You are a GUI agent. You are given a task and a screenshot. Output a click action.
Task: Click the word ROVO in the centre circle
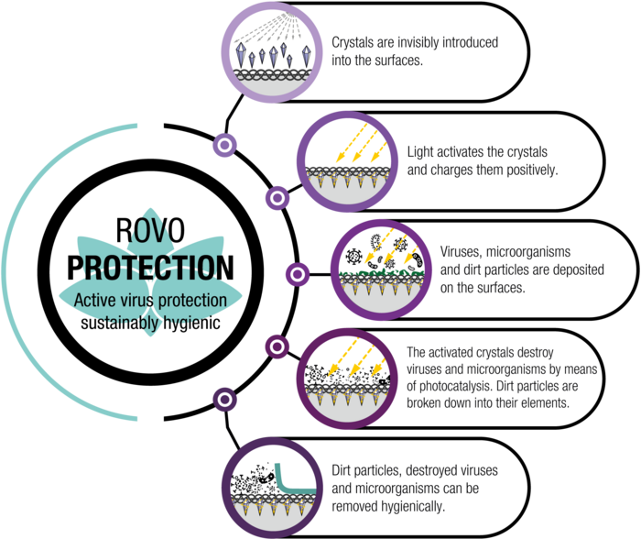(x=150, y=230)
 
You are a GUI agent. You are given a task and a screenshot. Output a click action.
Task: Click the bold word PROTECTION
(x=150, y=268)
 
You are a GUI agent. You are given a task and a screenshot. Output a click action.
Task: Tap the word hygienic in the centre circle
(x=191, y=324)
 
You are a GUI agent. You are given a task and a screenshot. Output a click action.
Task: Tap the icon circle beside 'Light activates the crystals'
(x=347, y=161)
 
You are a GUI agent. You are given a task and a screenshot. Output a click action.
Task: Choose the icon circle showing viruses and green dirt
(x=382, y=270)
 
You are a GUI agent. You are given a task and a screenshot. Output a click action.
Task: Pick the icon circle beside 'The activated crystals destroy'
(x=347, y=379)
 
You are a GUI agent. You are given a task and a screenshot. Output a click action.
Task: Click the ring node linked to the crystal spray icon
(x=224, y=145)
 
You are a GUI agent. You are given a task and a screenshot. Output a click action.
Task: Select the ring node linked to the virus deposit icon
(x=298, y=274)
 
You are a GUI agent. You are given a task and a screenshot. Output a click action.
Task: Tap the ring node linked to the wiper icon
(x=224, y=400)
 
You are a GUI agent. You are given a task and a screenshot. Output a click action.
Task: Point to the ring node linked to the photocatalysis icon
(x=277, y=346)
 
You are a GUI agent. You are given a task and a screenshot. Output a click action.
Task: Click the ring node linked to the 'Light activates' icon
(x=277, y=198)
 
